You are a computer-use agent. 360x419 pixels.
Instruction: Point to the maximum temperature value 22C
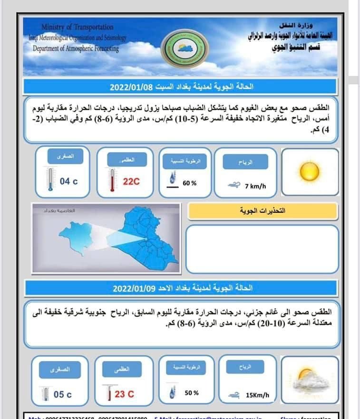click(x=131, y=181)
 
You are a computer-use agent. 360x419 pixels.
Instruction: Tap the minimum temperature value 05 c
click(x=63, y=394)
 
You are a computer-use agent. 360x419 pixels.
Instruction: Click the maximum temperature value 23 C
click(x=125, y=394)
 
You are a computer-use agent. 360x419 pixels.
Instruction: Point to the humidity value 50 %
click(x=191, y=393)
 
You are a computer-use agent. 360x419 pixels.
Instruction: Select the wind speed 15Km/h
click(x=257, y=395)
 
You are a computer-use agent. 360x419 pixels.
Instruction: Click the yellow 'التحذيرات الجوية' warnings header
click(x=263, y=211)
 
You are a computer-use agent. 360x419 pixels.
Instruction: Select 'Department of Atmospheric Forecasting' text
click(x=76, y=48)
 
